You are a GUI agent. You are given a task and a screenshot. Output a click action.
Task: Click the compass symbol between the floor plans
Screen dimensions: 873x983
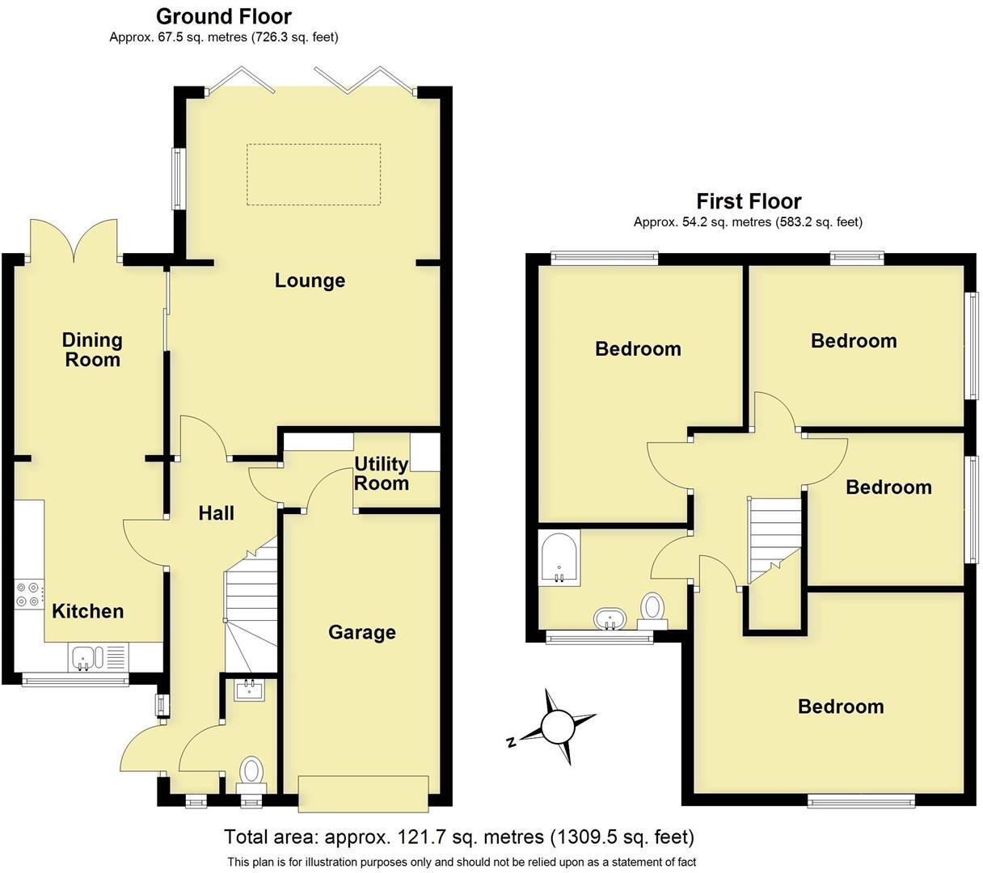556,727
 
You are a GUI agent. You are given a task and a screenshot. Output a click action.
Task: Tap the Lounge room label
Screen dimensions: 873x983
310,280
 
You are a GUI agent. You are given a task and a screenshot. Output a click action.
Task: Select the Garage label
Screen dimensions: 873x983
361,632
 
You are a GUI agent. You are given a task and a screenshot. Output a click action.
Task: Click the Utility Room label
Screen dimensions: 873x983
382,474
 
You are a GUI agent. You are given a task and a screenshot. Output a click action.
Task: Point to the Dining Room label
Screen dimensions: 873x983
92,350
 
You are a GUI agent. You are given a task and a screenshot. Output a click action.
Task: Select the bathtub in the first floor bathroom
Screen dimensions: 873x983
559,558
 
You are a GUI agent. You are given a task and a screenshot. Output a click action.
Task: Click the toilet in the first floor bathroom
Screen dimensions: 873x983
652,608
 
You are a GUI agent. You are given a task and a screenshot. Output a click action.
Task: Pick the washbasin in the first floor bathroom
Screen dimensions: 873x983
608,620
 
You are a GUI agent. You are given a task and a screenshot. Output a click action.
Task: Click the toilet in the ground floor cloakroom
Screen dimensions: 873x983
251,773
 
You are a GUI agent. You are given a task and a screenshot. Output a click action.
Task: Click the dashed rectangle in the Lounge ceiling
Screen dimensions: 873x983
313,175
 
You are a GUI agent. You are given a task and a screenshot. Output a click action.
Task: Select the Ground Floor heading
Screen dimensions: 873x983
223,16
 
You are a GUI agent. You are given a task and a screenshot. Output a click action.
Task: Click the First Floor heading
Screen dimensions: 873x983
749,201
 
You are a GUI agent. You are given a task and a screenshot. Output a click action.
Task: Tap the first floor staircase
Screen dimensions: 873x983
774,538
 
